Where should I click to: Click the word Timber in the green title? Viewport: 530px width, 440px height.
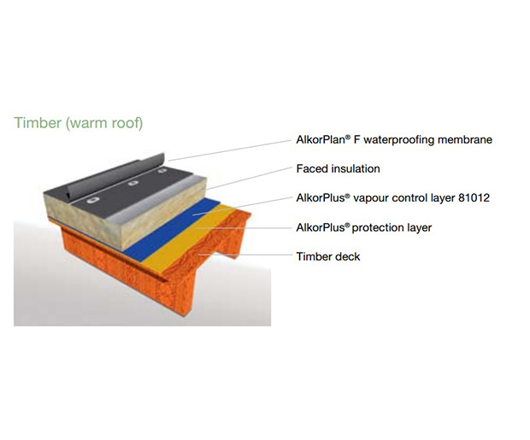pyautogui.click(x=38, y=123)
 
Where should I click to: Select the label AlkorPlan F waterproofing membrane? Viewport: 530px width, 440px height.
pyautogui.click(x=393, y=139)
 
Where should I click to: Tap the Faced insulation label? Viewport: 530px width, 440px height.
pyautogui.click(x=338, y=168)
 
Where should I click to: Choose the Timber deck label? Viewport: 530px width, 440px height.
pyautogui.click(x=327, y=256)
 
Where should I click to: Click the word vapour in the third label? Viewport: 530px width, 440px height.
pyautogui.click(x=378, y=198)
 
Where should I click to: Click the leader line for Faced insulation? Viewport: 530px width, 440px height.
pyautogui.click(x=248, y=175)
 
